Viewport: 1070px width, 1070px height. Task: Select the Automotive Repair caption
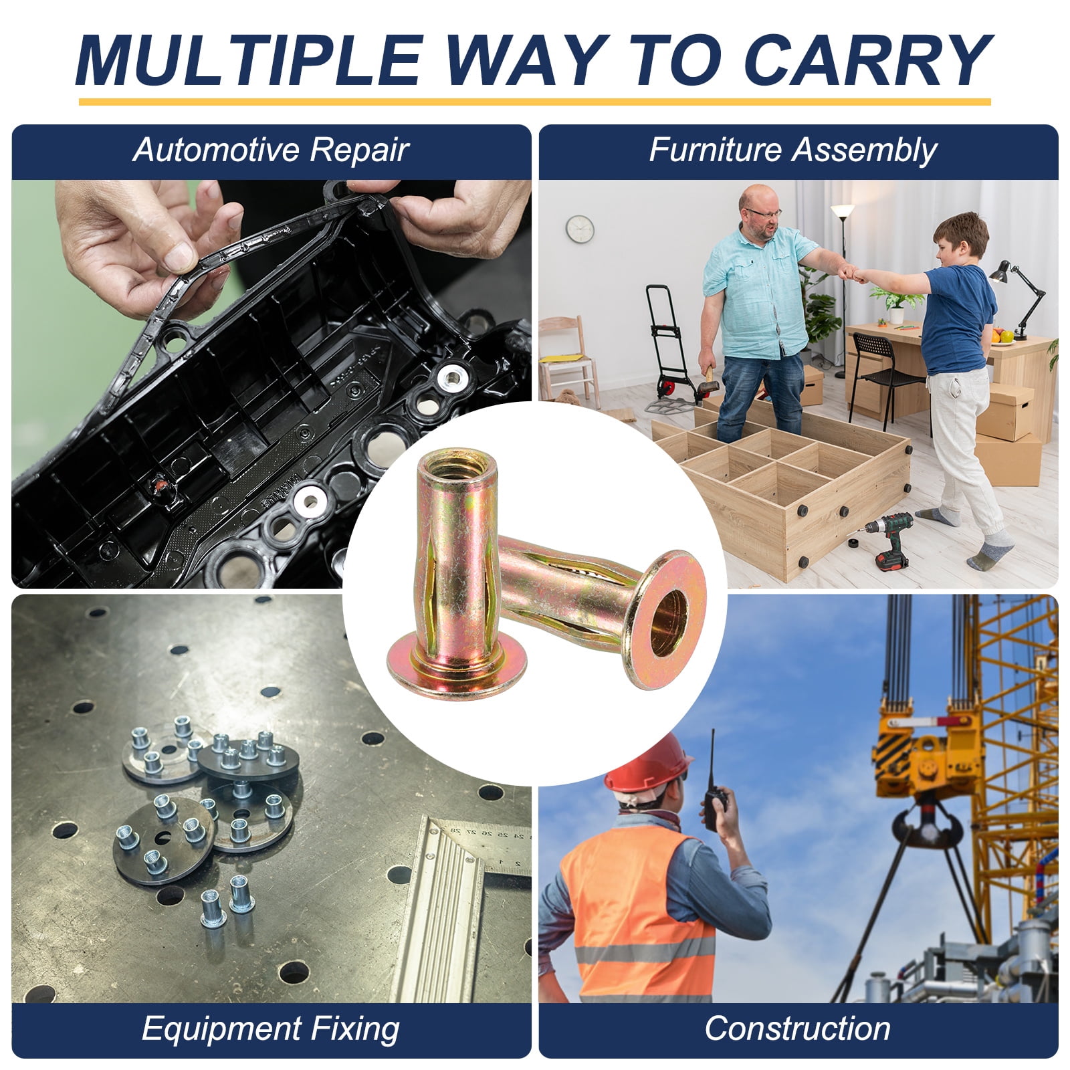click(x=270, y=150)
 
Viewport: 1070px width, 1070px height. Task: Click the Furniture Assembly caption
click(x=793, y=150)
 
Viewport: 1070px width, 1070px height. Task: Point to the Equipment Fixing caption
click(x=270, y=1029)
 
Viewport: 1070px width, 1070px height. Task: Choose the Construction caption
click(x=797, y=1029)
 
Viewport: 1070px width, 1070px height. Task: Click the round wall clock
click(x=580, y=229)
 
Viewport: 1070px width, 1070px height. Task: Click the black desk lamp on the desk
click(x=1013, y=298)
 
